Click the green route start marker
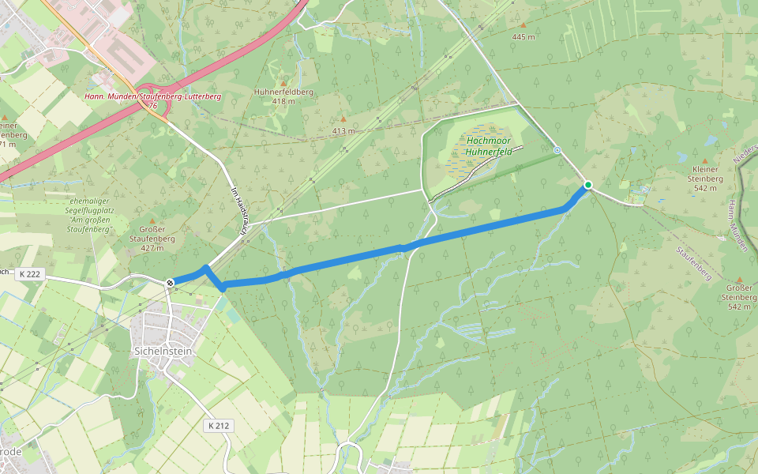(587, 185)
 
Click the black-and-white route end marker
(169, 282)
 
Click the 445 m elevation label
(523, 37)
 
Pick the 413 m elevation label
(343, 130)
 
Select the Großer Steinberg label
(739, 302)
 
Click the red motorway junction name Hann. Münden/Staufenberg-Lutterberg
(152, 96)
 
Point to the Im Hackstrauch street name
(240, 209)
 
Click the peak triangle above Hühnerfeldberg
(284, 83)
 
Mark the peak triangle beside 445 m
(522, 24)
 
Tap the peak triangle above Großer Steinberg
(739, 280)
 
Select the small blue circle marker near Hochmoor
(557, 149)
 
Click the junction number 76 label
(152, 105)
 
